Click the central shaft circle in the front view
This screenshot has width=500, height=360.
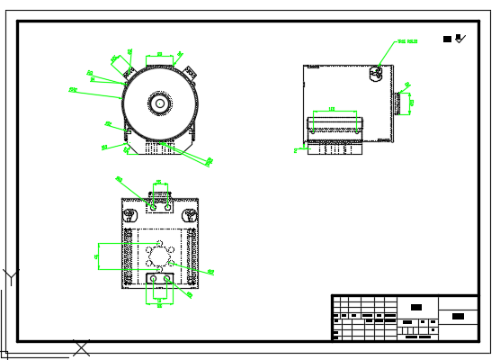tap(160, 103)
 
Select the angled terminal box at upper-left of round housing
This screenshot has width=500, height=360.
tap(118, 64)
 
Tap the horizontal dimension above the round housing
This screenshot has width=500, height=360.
tap(160, 56)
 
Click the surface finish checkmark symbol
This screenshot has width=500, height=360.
tap(460, 38)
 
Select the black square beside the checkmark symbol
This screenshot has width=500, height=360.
tap(448, 39)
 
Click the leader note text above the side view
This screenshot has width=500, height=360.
tap(408, 41)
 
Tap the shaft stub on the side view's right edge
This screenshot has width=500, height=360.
tap(396, 102)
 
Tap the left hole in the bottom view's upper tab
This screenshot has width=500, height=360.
tap(153, 207)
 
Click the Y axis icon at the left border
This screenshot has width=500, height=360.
tap(8, 275)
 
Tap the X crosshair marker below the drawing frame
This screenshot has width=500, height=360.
tap(82, 346)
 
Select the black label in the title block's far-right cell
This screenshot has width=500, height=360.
tap(458, 316)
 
